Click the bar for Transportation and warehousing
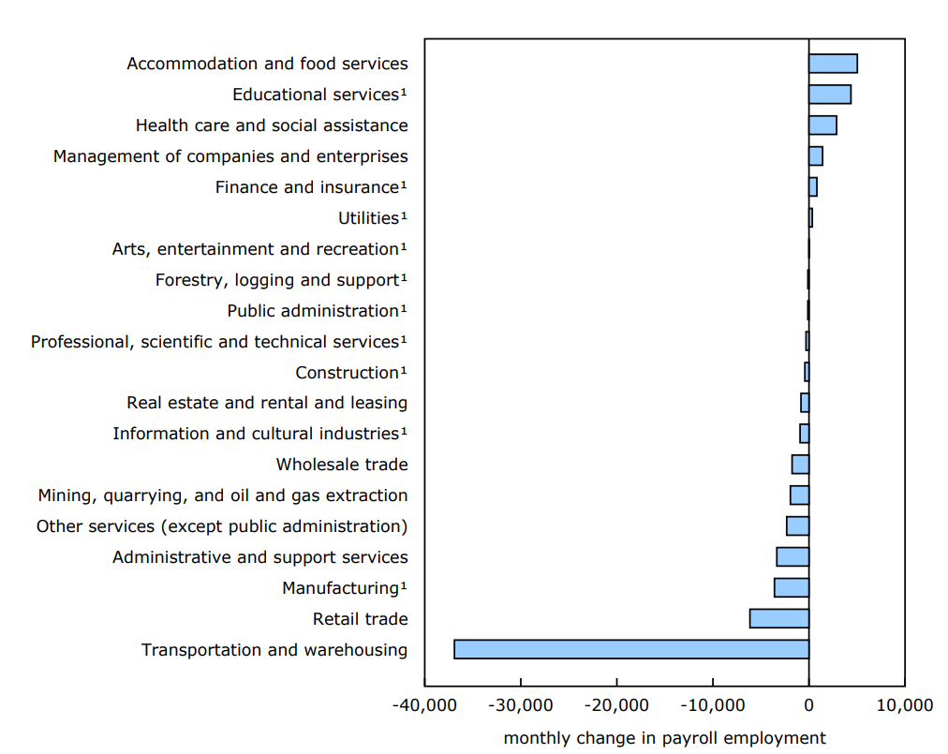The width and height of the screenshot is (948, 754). coord(630,649)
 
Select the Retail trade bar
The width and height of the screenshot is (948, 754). coord(778,618)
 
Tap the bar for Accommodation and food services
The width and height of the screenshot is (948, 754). coord(833,64)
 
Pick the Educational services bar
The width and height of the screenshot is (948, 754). coord(830,95)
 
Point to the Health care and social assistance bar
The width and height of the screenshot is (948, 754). coord(822,126)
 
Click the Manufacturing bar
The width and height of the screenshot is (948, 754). coord(791,587)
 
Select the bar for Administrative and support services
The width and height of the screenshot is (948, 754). coord(792,556)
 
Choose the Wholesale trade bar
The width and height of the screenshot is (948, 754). coord(800,465)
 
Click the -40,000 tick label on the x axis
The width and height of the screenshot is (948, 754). coord(423,704)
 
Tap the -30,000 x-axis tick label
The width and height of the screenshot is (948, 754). coord(520,704)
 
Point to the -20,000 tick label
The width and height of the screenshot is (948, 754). coord(616,704)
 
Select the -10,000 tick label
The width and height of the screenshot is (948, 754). coord(712,704)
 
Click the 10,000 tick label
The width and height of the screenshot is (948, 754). coord(904,704)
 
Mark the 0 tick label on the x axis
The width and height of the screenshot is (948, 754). coord(808,704)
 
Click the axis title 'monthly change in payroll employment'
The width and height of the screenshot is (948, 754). coord(664,738)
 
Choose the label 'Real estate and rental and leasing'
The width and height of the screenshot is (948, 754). coord(267,403)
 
